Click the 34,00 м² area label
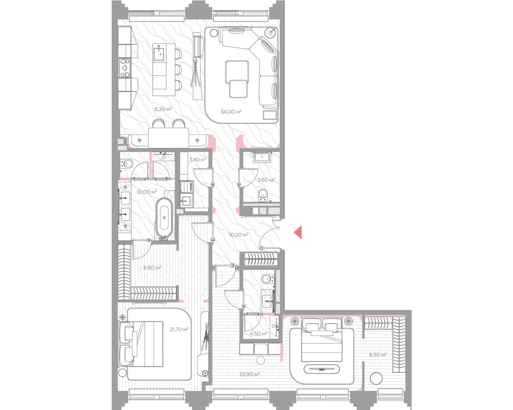point(231,112)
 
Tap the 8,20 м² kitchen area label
point(163,109)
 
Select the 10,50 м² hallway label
point(239,235)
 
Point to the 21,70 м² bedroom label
point(179,329)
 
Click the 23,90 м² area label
point(250,374)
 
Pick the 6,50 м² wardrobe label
point(378,355)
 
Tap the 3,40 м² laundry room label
point(197,160)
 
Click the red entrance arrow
point(298,232)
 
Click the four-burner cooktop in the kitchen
point(125,68)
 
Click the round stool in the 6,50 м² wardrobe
point(376,379)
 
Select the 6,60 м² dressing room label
point(153,267)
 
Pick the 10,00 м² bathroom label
point(147,192)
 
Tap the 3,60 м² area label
point(266,180)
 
